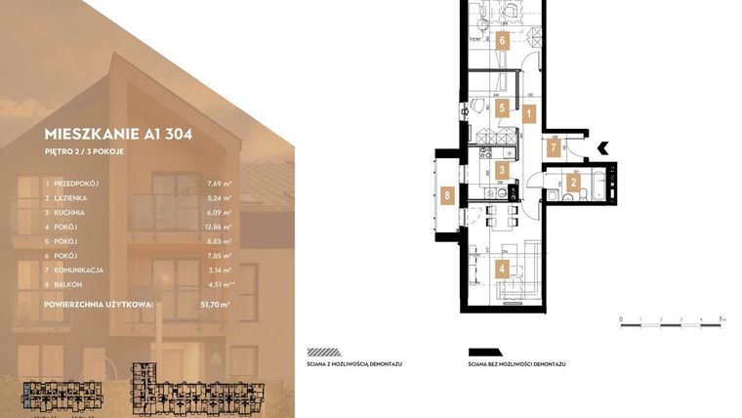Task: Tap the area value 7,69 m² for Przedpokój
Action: (219, 184)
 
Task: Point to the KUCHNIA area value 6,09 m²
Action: (219, 213)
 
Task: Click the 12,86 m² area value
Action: (217, 227)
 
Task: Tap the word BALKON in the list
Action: (71, 284)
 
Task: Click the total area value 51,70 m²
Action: (216, 305)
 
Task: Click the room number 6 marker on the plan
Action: (501, 41)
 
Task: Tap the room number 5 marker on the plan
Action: (501, 108)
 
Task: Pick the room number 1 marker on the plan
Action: (528, 113)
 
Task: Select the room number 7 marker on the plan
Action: (554, 148)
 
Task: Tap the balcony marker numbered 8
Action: (447, 195)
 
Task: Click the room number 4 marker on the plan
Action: (501, 270)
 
